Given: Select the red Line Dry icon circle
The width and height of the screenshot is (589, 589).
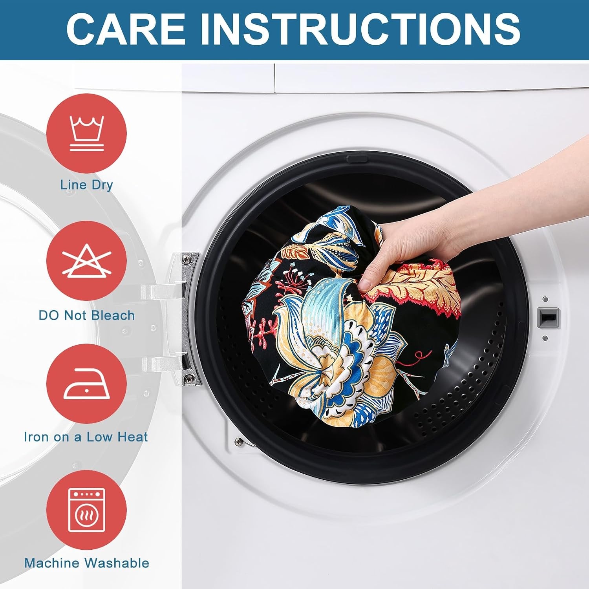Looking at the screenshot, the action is coord(86,133).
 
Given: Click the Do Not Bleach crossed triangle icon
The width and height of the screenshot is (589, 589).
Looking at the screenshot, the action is coord(86,261).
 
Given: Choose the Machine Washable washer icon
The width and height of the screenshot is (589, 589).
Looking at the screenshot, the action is coord(87,510).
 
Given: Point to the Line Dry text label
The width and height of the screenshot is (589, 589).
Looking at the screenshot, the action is coord(86,185).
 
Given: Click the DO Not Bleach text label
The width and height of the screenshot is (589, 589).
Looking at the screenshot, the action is coord(86,315).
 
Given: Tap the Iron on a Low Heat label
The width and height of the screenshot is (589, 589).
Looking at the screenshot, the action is coord(86,437).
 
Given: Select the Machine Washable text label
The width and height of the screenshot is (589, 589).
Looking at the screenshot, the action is coord(87,563).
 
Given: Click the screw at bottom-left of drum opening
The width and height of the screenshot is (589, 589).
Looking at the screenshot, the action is coord(238,442).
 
